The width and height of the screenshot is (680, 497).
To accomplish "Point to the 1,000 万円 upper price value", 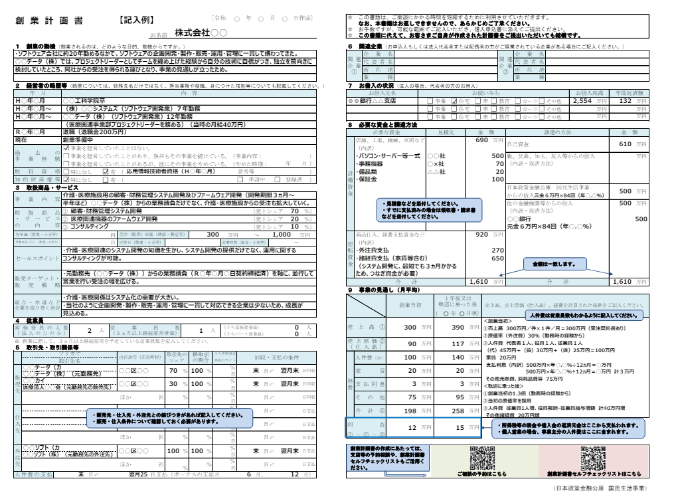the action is (x=282, y=235).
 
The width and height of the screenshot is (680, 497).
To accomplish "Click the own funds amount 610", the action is (x=624, y=144).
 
